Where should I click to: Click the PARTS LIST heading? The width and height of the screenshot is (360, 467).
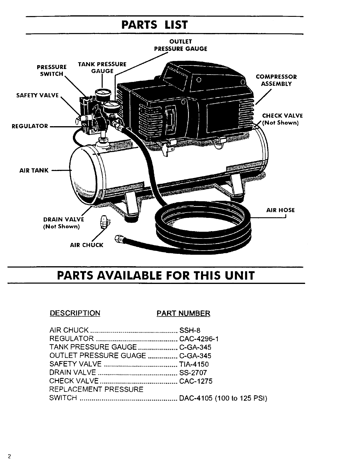[x=154, y=25]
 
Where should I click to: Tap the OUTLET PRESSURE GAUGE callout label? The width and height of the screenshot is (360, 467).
[x=181, y=45]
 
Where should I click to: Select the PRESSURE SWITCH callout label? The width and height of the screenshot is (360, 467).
[x=52, y=70]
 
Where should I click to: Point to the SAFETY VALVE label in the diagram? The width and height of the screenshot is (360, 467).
[x=37, y=95]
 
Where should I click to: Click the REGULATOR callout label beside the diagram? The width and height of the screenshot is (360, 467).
[x=30, y=126]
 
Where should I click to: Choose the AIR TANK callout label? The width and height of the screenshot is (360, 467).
[x=34, y=170]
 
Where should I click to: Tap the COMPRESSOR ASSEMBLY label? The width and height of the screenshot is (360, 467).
[x=276, y=80]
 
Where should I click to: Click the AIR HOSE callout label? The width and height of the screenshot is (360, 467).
[x=280, y=210]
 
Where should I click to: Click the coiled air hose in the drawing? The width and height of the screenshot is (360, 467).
[x=204, y=224]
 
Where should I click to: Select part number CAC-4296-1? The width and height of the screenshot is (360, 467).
[x=199, y=339]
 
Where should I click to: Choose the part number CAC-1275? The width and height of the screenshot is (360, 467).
[x=196, y=381]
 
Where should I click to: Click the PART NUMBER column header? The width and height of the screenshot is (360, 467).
[x=183, y=313]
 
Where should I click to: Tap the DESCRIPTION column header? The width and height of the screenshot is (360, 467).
[x=75, y=313]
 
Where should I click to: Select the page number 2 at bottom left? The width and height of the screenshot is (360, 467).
[x=9, y=457]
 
